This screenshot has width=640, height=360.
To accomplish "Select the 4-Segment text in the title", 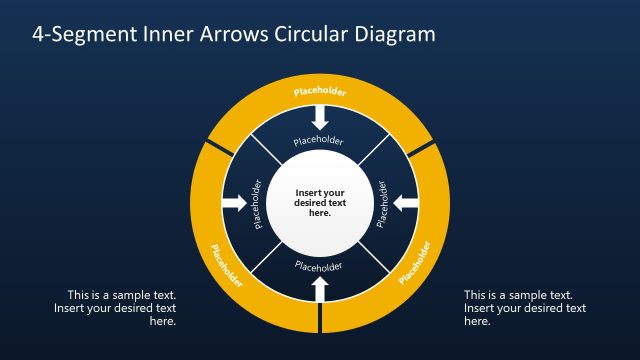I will [78, 34].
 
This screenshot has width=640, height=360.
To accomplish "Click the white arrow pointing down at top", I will [320, 117].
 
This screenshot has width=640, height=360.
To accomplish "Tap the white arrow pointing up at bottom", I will [320, 289].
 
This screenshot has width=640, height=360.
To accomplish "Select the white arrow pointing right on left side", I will [234, 203].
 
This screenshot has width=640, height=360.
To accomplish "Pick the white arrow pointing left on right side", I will [405, 203].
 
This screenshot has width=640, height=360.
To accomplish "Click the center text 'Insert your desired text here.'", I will [320, 203].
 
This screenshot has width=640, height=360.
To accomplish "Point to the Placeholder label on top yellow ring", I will [320, 93].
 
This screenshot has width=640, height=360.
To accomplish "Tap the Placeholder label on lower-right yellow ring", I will [414, 263].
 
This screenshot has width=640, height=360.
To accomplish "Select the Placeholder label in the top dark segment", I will [320, 142].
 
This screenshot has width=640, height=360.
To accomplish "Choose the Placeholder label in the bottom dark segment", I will [320, 266].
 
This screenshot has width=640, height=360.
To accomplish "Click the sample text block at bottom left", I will [115, 308].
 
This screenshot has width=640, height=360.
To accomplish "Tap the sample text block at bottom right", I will [525, 308].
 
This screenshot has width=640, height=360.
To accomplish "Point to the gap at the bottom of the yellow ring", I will [320, 317].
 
